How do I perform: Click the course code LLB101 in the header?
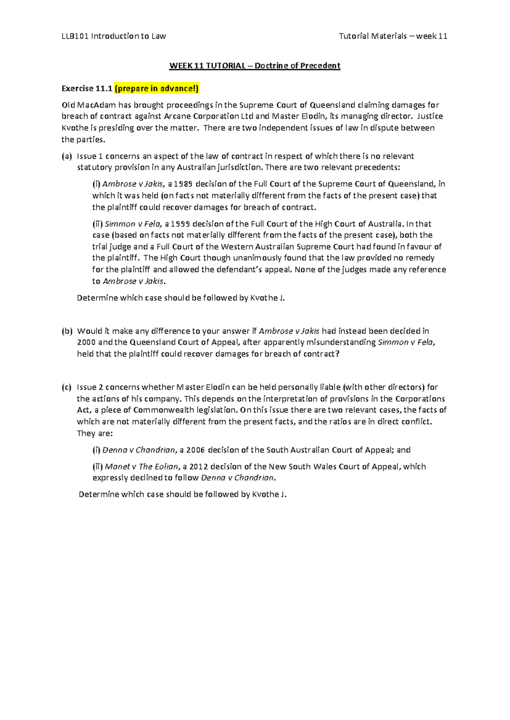(75, 36)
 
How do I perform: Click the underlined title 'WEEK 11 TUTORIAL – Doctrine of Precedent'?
(255, 66)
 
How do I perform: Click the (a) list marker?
(67, 156)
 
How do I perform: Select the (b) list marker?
(67, 331)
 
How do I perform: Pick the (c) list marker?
(67, 387)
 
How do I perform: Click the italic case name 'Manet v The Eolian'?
(142, 467)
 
